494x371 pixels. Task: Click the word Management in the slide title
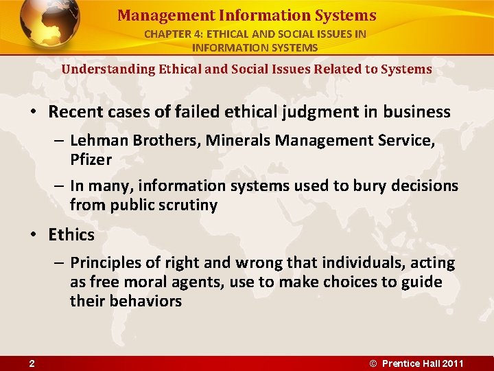[x=154, y=15]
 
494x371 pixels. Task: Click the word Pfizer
[x=91, y=160]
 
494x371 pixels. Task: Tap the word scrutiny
[x=185, y=205]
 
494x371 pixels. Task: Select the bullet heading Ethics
[x=71, y=234]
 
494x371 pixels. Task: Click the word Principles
[x=105, y=263]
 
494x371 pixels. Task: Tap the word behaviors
[x=145, y=302]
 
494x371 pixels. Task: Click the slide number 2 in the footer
[x=32, y=363]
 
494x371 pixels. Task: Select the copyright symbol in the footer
[x=374, y=363]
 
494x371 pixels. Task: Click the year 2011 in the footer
[x=453, y=363]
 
